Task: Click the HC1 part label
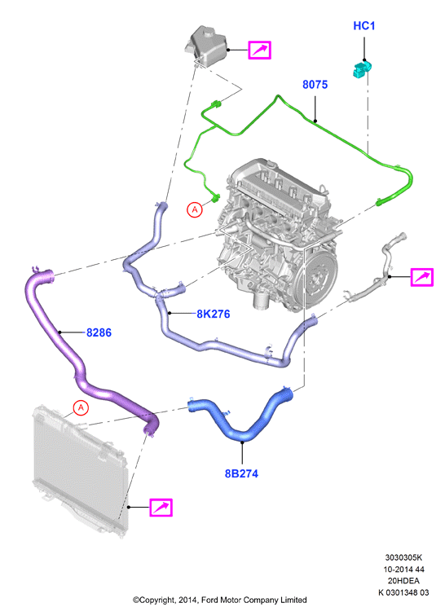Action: [364, 26]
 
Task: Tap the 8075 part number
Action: [315, 85]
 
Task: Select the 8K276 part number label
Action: [213, 314]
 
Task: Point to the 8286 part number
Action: [99, 332]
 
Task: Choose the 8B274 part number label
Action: [241, 473]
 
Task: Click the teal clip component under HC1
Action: [362, 69]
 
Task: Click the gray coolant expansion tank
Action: [205, 44]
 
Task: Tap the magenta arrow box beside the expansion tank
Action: [259, 50]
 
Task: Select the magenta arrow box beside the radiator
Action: [161, 507]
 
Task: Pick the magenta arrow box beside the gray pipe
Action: [422, 277]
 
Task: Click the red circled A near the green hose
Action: [195, 209]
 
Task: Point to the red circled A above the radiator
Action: [81, 407]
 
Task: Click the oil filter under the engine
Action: [260, 300]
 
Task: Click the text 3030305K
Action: [403, 557]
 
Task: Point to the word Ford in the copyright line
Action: [210, 600]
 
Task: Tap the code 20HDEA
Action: [403, 581]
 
